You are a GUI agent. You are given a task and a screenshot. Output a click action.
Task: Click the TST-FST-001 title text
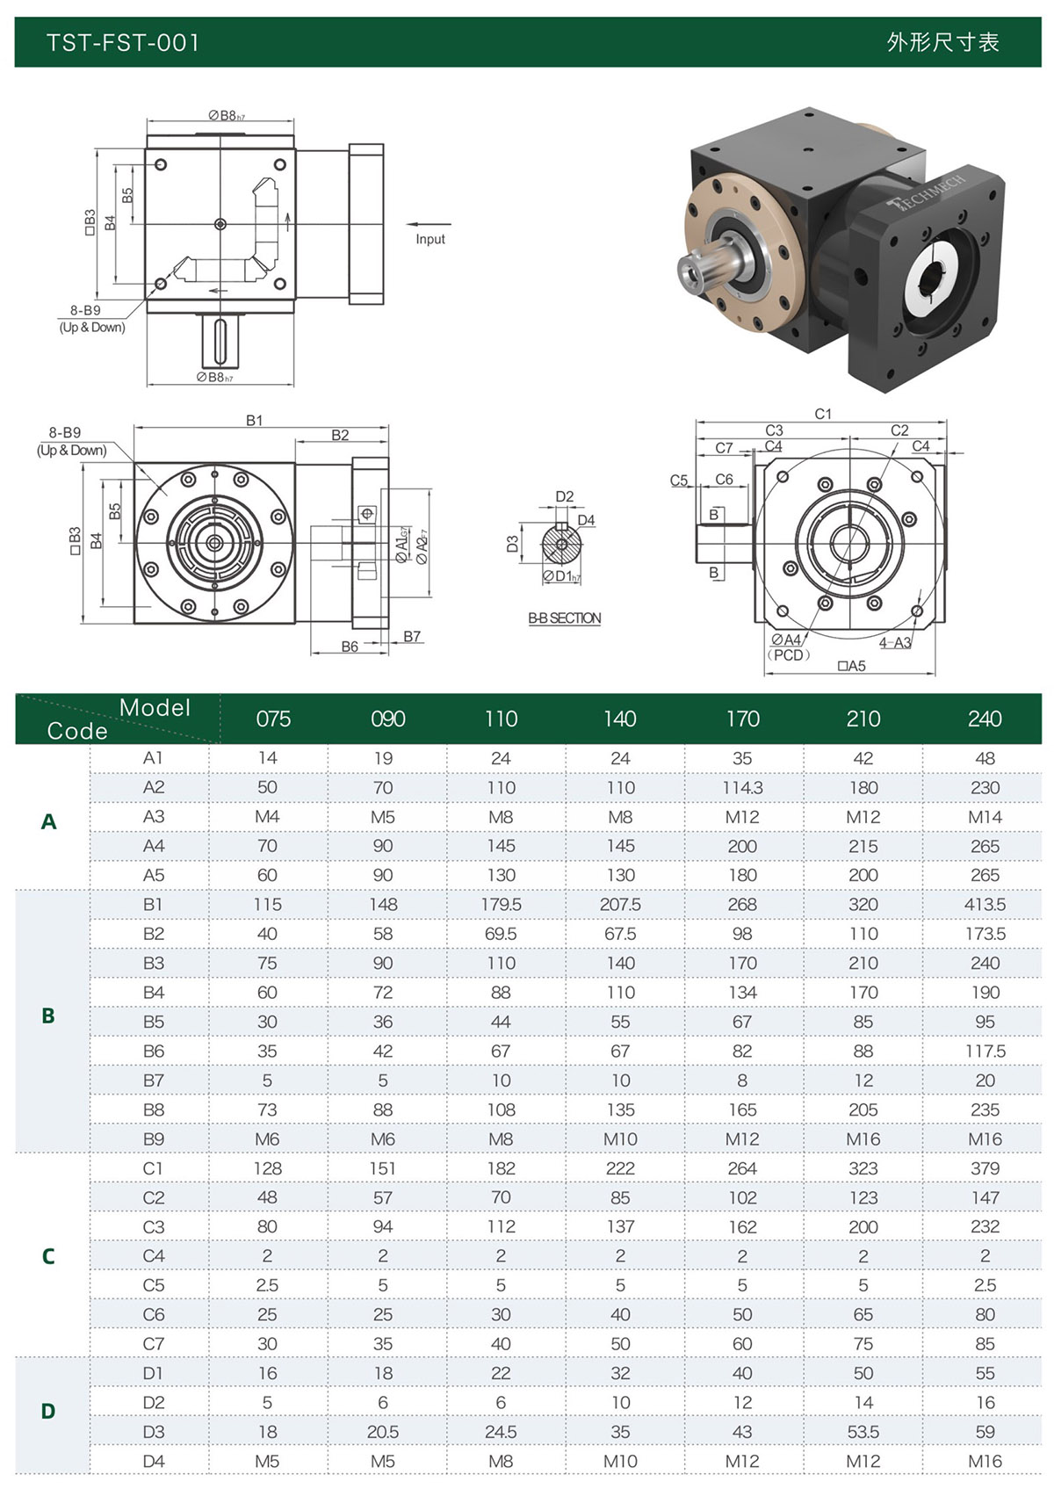tap(123, 42)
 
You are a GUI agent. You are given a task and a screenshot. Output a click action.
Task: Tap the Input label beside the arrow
tap(430, 239)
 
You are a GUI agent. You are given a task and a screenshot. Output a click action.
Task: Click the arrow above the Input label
tap(428, 224)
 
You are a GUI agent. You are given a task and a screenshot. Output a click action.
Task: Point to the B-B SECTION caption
tap(564, 618)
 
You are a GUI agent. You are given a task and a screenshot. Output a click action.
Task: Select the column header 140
tap(620, 719)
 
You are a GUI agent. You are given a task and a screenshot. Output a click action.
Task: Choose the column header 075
tap(274, 719)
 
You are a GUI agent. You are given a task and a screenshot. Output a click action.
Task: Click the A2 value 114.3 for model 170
tap(742, 788)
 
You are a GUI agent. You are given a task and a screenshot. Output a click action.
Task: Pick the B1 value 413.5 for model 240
tap(985, 905)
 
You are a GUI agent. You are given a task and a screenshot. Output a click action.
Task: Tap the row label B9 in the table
tap(154, 1139)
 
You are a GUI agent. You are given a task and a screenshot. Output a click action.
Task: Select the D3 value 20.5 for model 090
tap(383, 1432)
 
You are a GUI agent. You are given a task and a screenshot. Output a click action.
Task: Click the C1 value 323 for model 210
tap(863, 1168)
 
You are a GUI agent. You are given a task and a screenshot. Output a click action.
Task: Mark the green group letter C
tap(48, 1256)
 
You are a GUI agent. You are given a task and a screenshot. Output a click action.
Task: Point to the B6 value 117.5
tap(985, 1052)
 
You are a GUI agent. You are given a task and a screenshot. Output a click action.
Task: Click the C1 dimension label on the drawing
tap(823, 414)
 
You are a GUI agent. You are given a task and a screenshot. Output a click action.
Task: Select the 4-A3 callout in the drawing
tap(895, 643)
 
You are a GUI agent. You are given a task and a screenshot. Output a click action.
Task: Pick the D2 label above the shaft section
tap(564, 496)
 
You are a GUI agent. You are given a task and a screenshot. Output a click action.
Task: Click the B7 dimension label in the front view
tap(412, 636)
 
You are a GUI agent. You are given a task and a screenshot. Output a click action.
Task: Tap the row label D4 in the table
tap(154, 1461)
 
